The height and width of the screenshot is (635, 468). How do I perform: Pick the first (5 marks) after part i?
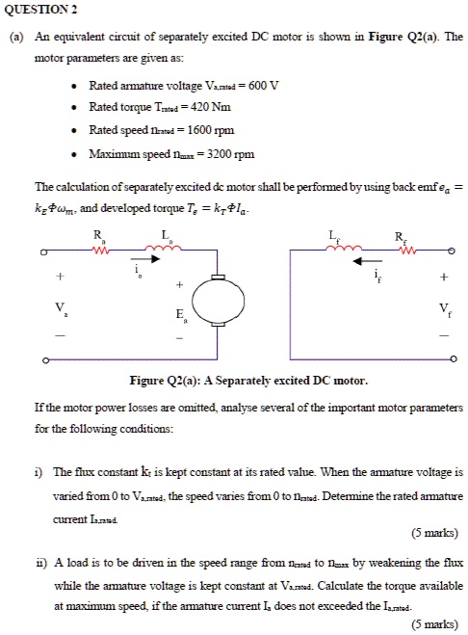point(430,531)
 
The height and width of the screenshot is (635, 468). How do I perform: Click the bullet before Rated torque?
point(74,109)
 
